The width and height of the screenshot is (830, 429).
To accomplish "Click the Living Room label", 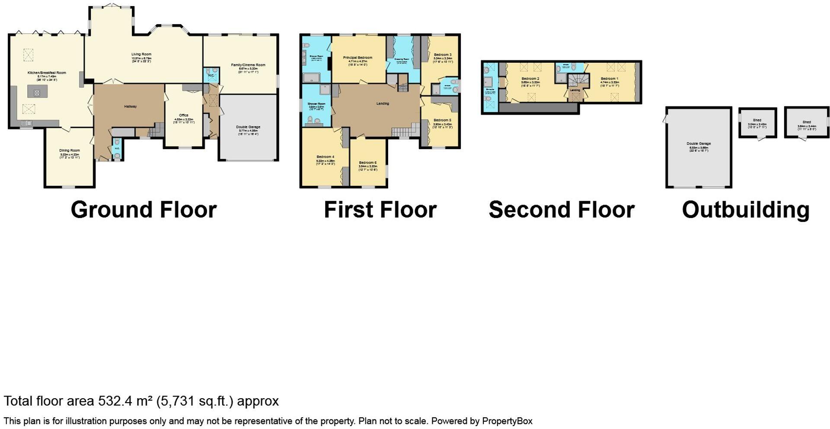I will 141,54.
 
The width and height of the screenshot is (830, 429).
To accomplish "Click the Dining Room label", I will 70,150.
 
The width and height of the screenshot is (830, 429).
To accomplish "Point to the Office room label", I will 184,115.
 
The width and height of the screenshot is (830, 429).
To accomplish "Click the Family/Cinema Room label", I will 248,65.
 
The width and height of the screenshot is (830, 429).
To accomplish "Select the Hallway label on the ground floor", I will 130,106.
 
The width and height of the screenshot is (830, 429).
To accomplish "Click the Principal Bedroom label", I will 358,58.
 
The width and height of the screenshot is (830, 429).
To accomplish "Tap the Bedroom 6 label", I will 367,163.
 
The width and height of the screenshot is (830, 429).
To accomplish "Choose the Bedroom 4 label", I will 325,157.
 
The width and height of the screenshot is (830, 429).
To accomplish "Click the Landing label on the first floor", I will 383,103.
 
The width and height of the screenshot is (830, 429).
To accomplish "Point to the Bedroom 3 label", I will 443,55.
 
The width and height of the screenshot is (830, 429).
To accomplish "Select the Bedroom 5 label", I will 442,120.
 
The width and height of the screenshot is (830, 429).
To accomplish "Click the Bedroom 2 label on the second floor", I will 530,79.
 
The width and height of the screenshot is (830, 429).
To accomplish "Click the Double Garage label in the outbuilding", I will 699,144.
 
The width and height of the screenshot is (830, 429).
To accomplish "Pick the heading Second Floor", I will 561,210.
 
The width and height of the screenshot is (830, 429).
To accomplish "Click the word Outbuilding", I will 745,210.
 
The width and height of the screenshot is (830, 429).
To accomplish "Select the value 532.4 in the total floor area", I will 114,401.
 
